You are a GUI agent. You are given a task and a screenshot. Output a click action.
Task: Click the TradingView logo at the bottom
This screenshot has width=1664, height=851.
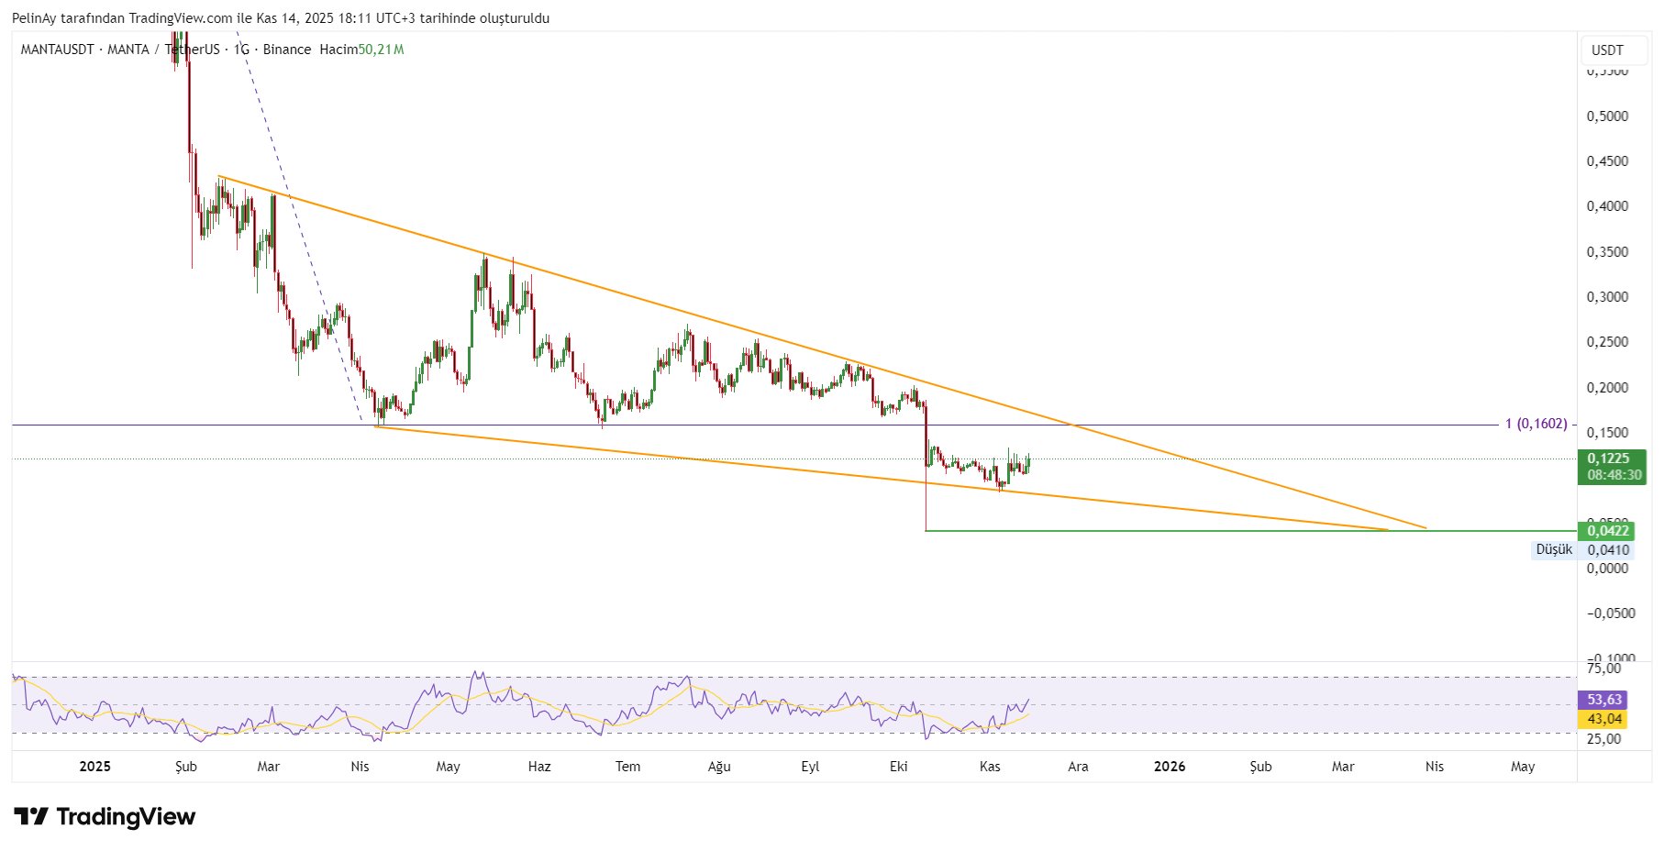(105, 816)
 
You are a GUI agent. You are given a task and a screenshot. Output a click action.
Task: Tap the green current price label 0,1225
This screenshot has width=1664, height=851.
(1608, 459)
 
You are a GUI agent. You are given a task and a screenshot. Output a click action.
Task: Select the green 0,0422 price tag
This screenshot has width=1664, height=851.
(1608, 531)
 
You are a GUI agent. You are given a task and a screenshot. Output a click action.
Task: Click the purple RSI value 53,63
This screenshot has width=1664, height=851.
(1604, 700)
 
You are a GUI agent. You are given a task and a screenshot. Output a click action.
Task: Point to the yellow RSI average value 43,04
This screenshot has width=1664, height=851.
(1604, 719)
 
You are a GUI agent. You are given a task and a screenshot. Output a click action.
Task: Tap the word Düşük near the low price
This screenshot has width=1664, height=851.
(1554, 549)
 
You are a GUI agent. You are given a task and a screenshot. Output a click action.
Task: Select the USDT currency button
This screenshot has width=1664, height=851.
(1607, 50)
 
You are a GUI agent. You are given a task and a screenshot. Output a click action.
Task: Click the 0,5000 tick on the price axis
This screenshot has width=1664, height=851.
(1607, 116)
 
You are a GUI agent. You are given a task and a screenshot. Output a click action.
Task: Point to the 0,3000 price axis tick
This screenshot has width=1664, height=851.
(1607, 297)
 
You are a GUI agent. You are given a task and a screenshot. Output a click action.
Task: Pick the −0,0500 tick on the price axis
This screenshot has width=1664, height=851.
(1611, 613)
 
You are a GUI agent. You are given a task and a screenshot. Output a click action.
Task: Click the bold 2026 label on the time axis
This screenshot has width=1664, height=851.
(1170, 767)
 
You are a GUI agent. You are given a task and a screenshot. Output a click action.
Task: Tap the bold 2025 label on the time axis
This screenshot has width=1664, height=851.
(95, 767)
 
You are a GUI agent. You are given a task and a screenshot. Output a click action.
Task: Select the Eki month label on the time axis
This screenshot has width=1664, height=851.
(898, 767)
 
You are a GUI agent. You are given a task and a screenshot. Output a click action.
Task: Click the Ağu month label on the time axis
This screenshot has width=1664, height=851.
(719, 767)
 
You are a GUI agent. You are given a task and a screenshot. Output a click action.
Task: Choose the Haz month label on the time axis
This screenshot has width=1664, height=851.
(539, 767)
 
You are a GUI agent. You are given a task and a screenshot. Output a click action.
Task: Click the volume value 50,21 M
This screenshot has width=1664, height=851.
(381, 50)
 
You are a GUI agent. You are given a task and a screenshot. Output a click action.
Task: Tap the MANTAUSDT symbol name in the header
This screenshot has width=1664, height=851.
(57, 50)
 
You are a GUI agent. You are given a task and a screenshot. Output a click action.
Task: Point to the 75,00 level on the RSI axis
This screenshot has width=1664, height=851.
(1604, 669)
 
